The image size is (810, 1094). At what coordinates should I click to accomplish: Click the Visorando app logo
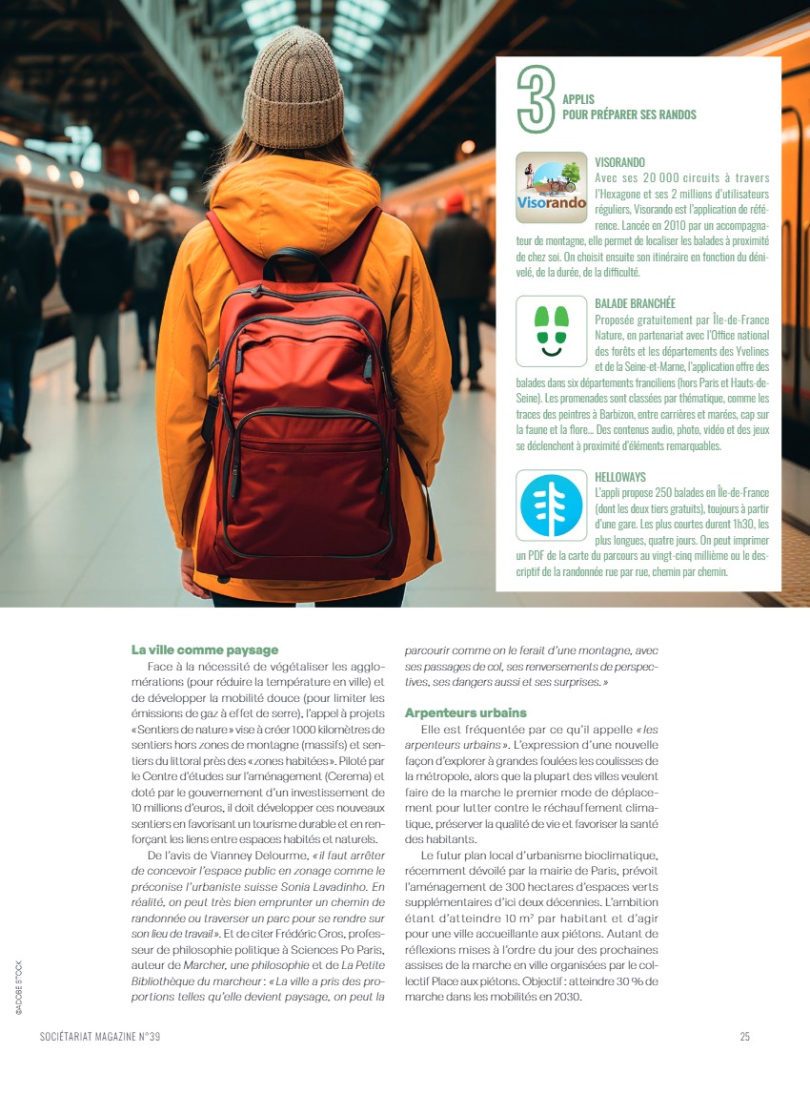[x=552, y=188]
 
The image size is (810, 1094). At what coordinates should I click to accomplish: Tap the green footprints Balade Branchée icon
[x=552, y=331]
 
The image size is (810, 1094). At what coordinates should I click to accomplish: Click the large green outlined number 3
[x=536, y=99]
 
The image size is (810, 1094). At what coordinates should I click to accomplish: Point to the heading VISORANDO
[x=619, y=163]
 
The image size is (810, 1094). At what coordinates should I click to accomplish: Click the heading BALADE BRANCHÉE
[x=635, y=303]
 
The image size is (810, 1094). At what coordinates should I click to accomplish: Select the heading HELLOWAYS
[x=620, y=476]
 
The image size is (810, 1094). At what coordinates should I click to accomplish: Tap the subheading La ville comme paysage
[x=205, y=650]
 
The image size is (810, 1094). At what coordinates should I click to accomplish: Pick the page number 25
[x=745, y=1037]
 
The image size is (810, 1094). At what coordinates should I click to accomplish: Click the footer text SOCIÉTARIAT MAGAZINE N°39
[x=100, y=1037]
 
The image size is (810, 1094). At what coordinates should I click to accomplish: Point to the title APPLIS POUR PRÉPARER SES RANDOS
[x=629, y=107]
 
